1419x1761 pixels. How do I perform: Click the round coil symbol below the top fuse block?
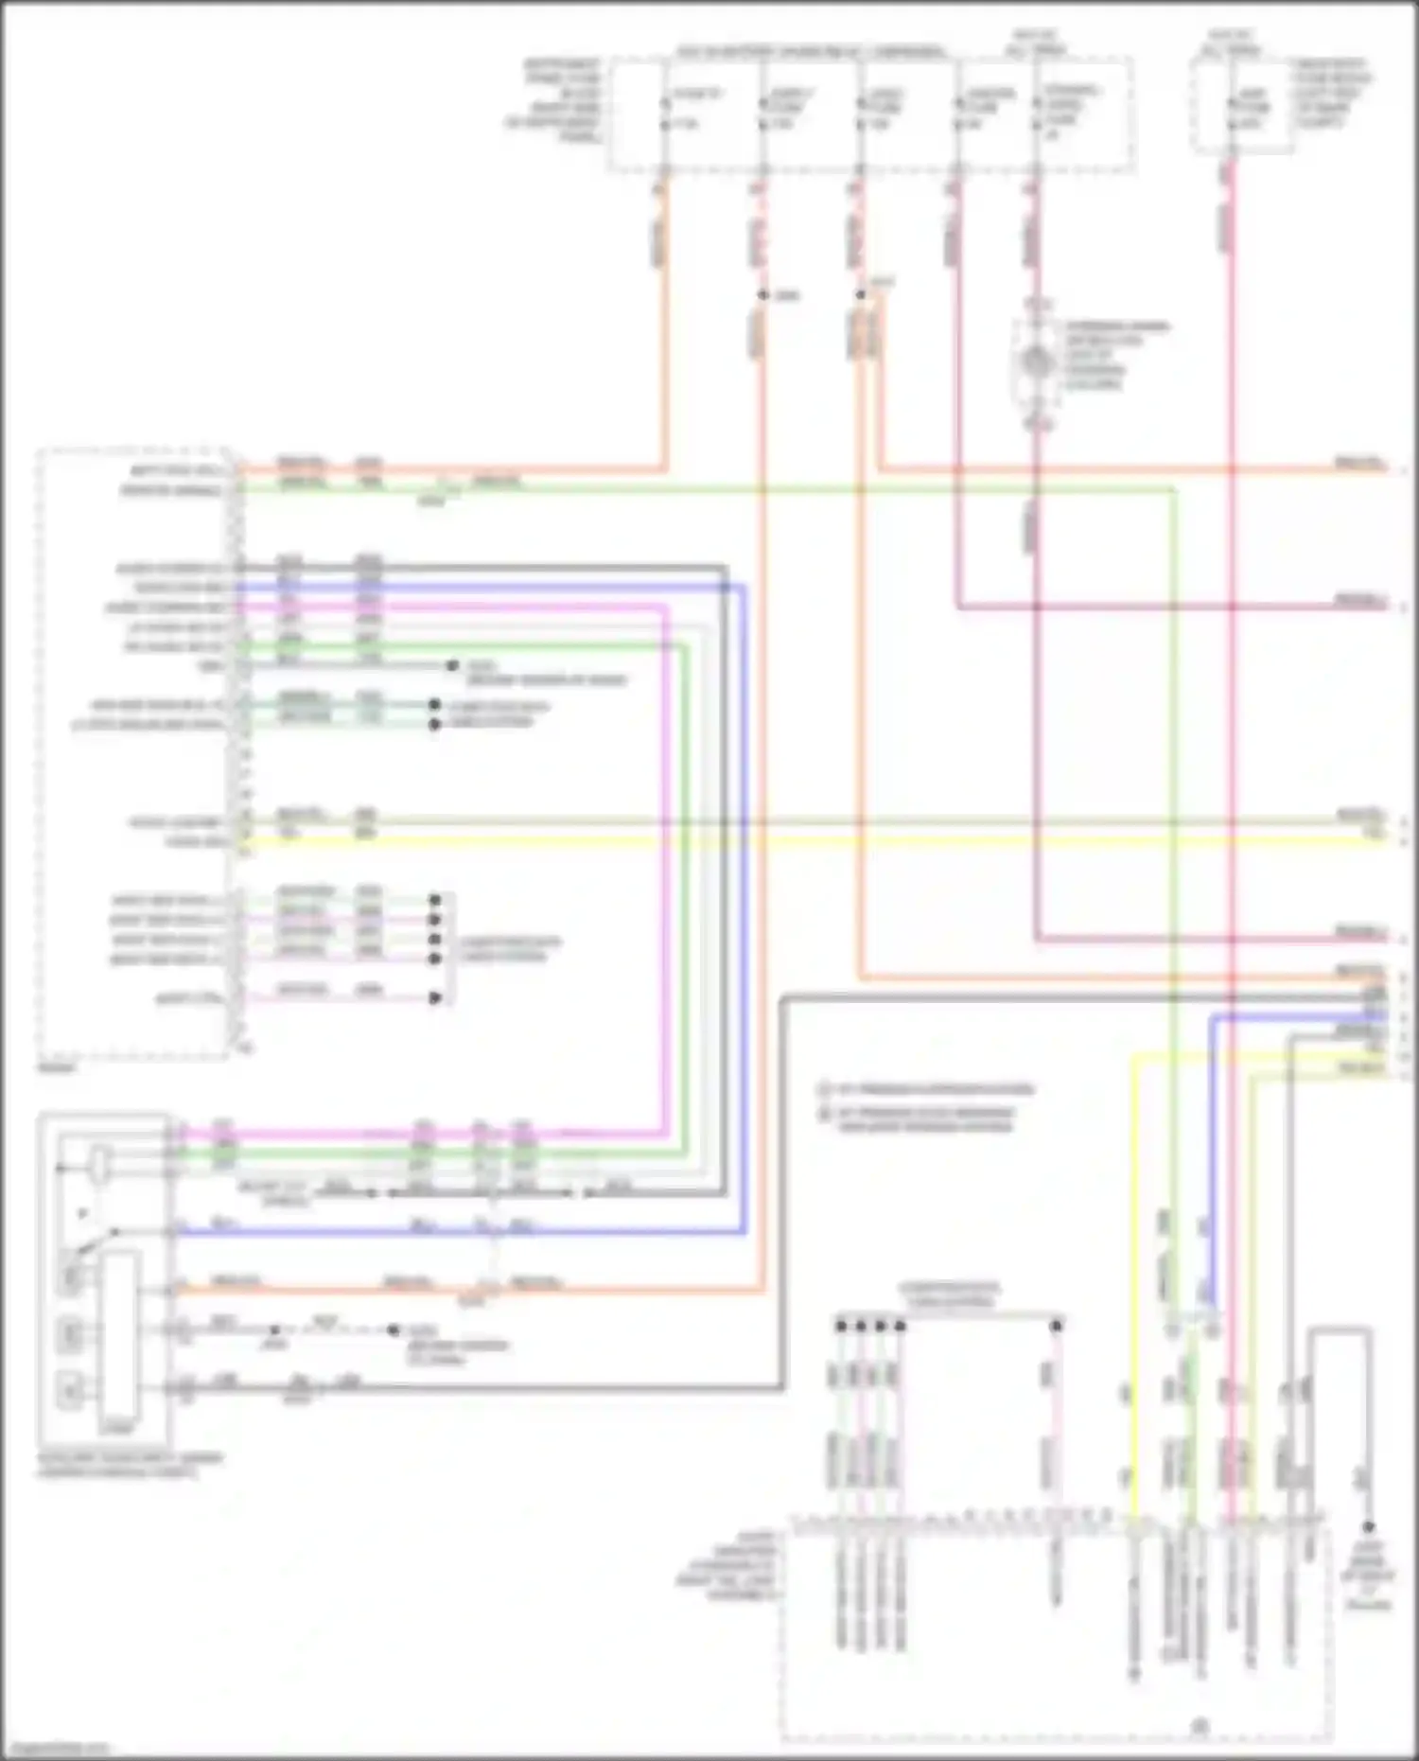click(x=1037, y=362)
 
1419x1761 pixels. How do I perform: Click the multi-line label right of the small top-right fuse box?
click(x=1334, y=93)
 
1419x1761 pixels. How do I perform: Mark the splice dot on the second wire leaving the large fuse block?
click(x=762, y=295)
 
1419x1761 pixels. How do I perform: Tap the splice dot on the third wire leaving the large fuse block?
click(x=860, y=294)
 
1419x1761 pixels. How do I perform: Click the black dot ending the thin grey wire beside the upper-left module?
click(x=452, y=666)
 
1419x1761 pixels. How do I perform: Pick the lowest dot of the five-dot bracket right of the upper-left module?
click(x=435, y=998)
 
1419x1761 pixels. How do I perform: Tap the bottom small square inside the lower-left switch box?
click(x=70, y=1390)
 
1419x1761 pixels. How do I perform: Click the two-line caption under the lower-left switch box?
click(x=129, y=1465)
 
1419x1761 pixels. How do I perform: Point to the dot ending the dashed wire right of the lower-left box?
click(x=394, y=1330)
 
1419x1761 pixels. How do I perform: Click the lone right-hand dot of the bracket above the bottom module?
click(x=1056, y=1326)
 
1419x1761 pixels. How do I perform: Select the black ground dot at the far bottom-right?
click(x=1368, y=1527)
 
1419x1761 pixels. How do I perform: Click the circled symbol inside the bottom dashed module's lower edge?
click(x=1200, y=1726)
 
